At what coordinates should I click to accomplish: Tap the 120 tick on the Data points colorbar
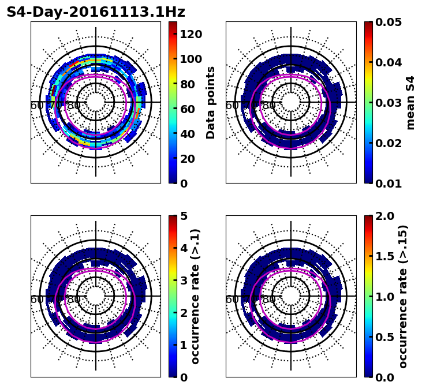tap(191, 34)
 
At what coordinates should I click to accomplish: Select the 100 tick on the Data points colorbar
tap(191, 59)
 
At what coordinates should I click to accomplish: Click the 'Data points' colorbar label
tap(211, 102)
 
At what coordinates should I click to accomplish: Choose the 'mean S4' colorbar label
tap(410, 102)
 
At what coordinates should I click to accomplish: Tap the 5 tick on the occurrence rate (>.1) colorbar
tap(184, 216)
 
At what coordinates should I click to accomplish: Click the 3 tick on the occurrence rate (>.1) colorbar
tap(184, 280)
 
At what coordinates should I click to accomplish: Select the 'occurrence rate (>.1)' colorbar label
tap(196, 296)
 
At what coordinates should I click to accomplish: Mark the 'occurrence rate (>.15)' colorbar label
tap(403, 296)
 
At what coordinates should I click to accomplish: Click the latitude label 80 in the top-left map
tap(74, 106)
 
